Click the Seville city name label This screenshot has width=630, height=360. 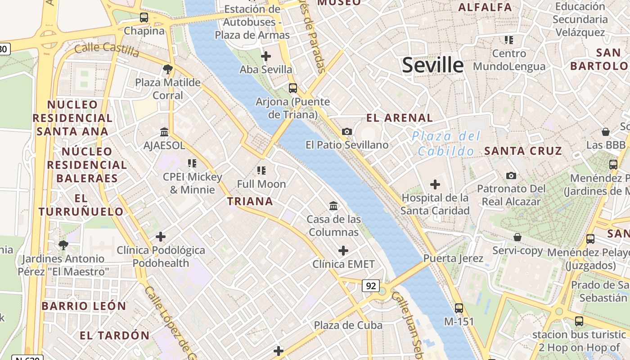click(x=432, y=65)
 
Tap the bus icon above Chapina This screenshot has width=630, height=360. click(x=144, y=18)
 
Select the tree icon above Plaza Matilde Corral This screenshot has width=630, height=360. click(x=168, y=69)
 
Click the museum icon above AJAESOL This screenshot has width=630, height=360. click(x=164, y=132)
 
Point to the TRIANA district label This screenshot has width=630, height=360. click(x=250, y=201)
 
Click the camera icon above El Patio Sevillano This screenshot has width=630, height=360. click(x=346, y=131)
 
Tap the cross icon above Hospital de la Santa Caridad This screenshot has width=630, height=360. click(x=435, y=184)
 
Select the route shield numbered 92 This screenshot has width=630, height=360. click(x=371, y=286)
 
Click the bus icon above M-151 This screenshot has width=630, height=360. click(x=459, y=308)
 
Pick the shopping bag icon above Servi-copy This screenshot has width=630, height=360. click(x=517, y=237)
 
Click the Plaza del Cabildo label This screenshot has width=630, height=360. click(x=446, y=144)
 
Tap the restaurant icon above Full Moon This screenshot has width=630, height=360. click(x=261, y=170)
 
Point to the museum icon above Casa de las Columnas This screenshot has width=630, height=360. click(x=333, y=206)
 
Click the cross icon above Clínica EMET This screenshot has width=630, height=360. click(x=343, y=251)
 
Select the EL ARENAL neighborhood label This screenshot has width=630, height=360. click(x=399, y=118)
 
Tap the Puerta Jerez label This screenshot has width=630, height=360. click(x=453, y=258)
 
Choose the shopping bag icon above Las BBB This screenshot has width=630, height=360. click(x=606, y=132)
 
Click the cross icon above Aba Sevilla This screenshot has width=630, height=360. click(x=266, y=56)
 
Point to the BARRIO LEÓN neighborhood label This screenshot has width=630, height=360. click(x=84, y=306)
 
